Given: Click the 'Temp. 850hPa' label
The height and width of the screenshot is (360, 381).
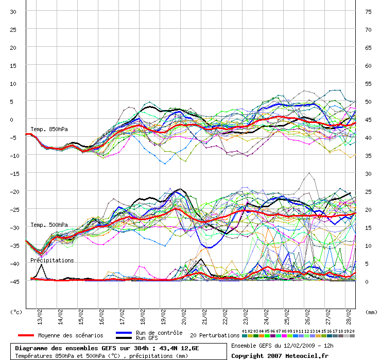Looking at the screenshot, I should coord(49,129).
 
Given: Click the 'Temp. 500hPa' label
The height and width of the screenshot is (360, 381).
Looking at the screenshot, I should coord(49,225).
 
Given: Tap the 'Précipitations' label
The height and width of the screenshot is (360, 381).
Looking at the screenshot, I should coord(52,261).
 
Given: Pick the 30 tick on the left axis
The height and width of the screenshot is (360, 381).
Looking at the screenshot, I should coord(13,11).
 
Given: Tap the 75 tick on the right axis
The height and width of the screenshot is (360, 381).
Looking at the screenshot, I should coord(368,11).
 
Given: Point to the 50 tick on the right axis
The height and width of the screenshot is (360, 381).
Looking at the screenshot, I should coord(368,101).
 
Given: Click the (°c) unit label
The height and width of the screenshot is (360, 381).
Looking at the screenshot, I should coord(16,312).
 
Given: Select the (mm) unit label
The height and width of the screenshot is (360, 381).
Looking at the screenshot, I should coord(370,312).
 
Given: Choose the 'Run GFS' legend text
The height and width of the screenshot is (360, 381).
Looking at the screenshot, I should coord(147,338).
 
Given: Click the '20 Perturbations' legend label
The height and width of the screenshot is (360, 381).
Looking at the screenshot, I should coord(215,335).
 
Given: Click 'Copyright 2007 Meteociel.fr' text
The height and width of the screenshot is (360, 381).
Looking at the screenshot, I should coord(280,355).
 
